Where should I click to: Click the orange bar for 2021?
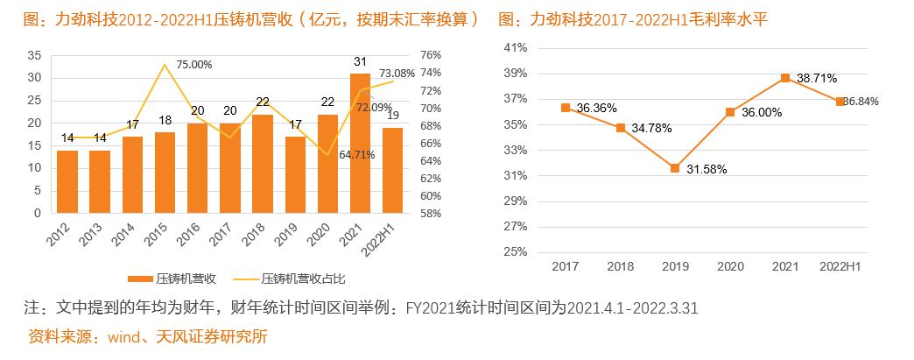pos(361,144)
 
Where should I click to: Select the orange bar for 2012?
pos(67,181)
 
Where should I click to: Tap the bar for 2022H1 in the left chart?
pos(393,171)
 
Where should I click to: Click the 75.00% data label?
pos(194,64)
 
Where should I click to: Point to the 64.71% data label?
pos(355,155)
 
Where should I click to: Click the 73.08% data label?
pos(397,74)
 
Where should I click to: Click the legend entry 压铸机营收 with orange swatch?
pos(179,279)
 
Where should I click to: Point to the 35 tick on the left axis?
pos(34,54)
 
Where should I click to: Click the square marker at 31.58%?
pos(675,168)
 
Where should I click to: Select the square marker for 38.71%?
pos(785,78)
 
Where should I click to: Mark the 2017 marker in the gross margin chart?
pos(566,108)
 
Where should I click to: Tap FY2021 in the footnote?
pos(432,308)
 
